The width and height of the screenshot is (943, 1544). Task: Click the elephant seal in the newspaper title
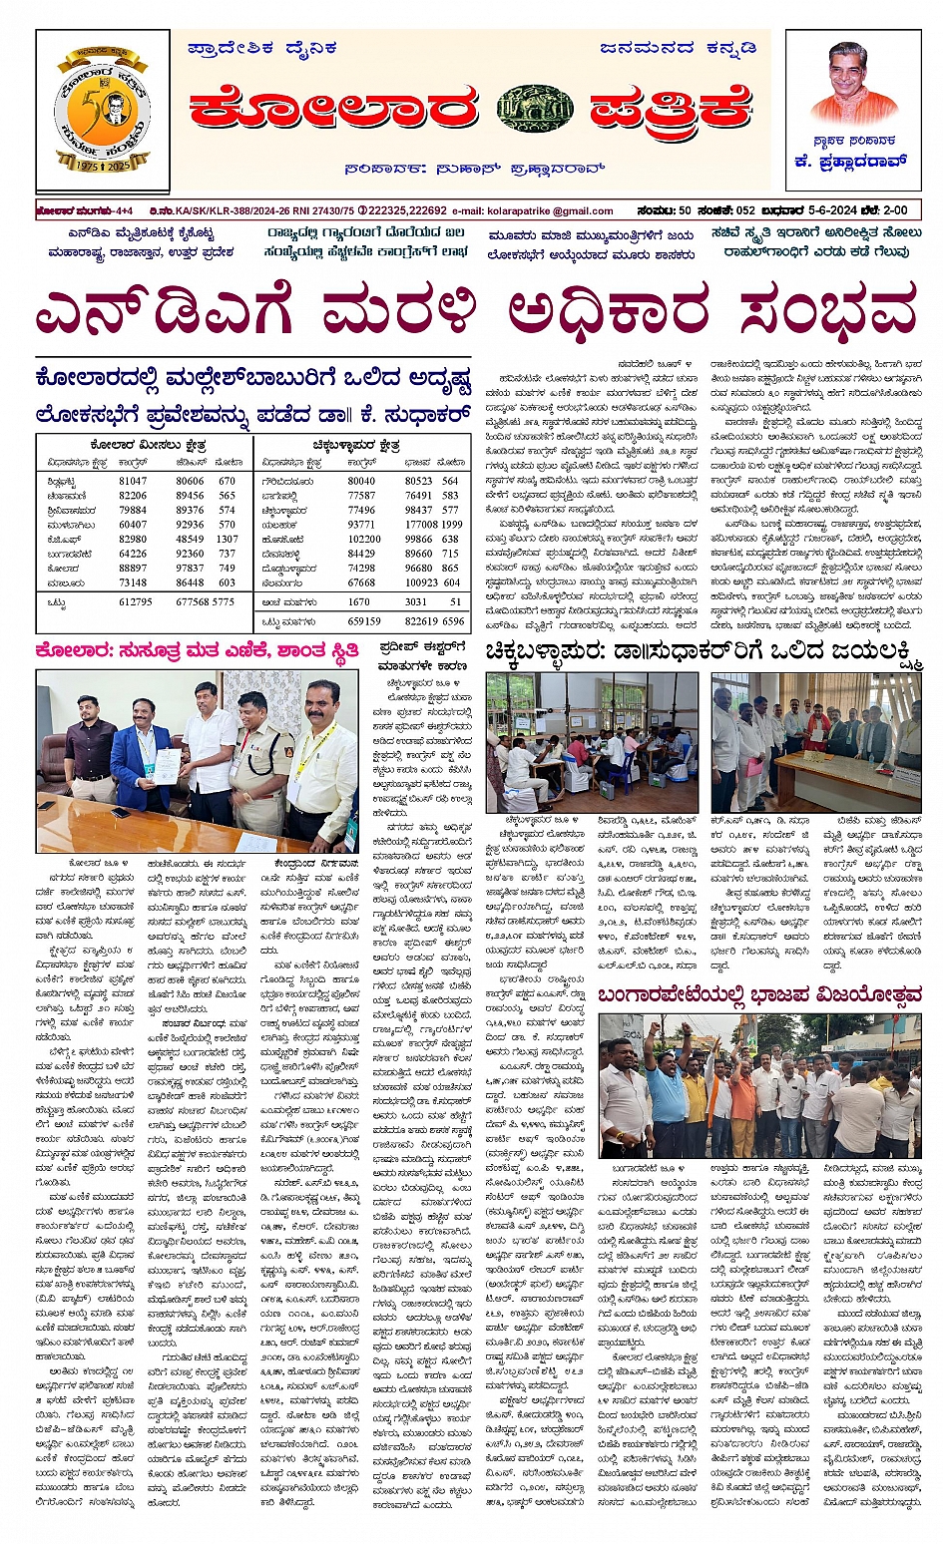(x=535, y=109)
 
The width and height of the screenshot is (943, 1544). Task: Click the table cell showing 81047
(x=133, y=481)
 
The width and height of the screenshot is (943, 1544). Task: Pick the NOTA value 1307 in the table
(x=227, y=539)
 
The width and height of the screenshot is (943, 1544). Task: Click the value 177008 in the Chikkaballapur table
(x=422, y=525)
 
